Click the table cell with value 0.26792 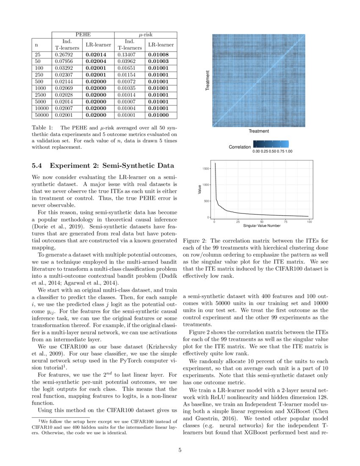(62, 54)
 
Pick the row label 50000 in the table (40, 114)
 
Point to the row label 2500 (39, 94)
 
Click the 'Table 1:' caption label (43, 128)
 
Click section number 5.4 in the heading (39, 166)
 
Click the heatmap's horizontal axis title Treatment (258, 131)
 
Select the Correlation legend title (240, 147)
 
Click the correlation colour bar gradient (271, 144)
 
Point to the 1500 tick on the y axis (205, 169)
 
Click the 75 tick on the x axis (286, 222)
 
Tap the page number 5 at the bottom (180, 450)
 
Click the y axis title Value (199, 191)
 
